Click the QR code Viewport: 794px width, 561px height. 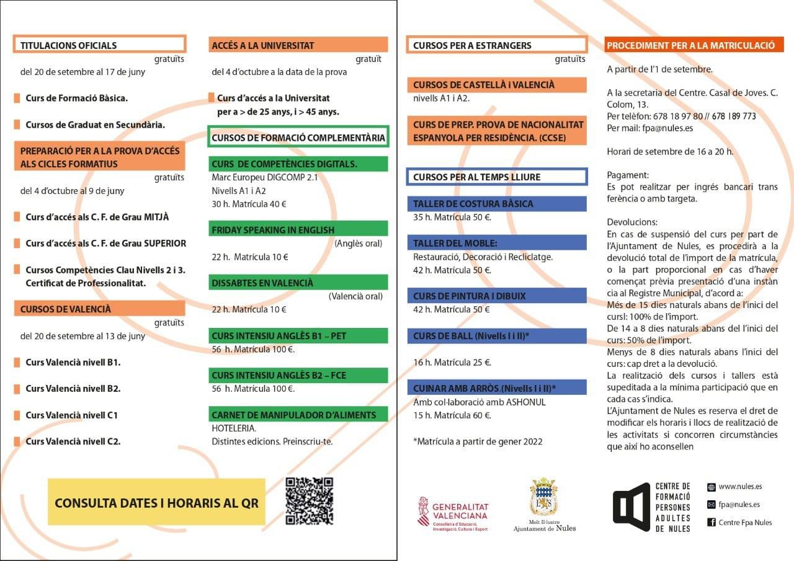click(x=310, y=501)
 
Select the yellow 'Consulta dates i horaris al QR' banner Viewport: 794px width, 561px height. click(x=156, y=502)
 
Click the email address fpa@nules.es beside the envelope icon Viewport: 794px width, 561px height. click(x=739, y=505)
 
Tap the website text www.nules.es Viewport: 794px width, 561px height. click(x=740, y=487)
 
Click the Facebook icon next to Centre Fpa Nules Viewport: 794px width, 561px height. click(x=711, y=523)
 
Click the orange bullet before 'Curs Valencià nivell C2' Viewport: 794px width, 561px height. click(x=17, y=441)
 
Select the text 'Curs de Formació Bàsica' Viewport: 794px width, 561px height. click(x=76, y=98)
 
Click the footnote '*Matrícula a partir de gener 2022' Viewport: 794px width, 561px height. click(x=478, y=441)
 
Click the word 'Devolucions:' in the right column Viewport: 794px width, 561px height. click(x=632, y=222)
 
